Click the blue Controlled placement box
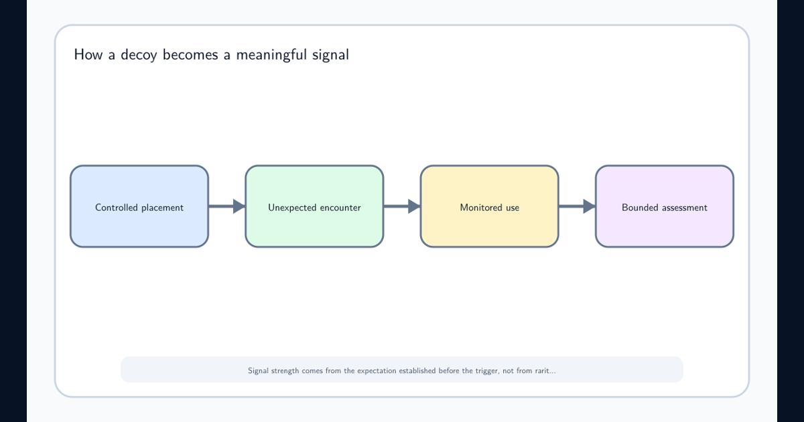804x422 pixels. (139, 206)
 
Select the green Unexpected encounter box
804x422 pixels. (314, 206)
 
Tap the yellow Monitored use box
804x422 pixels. (490, 206)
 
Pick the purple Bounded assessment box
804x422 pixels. (665, 206)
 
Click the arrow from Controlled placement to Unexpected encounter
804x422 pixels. (227, 206)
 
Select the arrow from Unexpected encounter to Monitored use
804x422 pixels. (402, 206)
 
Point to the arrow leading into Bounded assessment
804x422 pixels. (577, 206)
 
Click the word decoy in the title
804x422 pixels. (139, 55)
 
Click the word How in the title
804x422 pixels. (88, 54)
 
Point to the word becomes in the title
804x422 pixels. (190, 54)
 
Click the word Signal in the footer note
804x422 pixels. (258, 371)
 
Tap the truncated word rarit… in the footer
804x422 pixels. (545, 370)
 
